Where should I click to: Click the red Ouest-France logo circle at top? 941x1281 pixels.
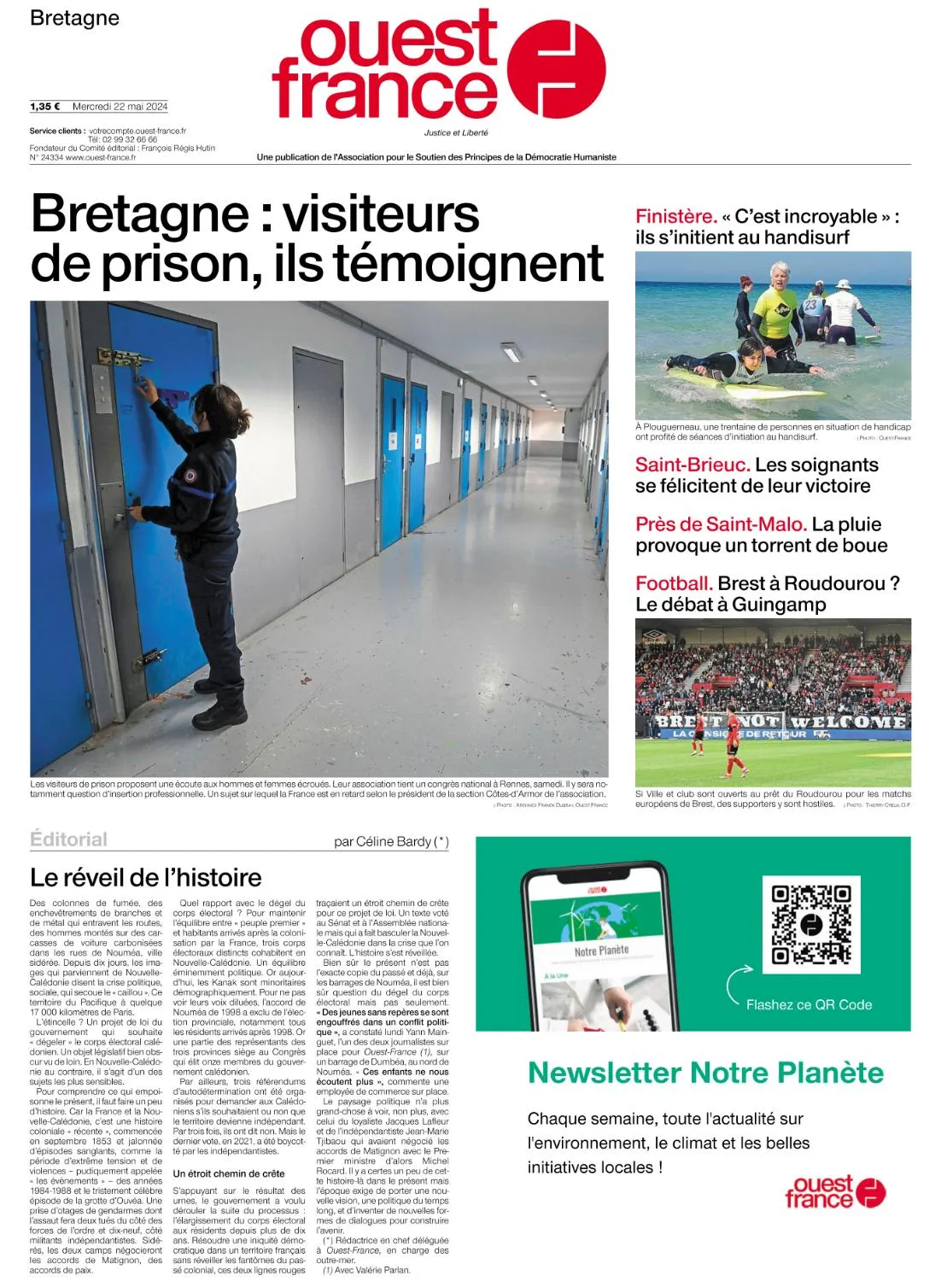pos(556,67)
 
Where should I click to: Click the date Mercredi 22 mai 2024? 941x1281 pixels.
pos(120,107)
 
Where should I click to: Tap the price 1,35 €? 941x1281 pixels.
pos(44,107)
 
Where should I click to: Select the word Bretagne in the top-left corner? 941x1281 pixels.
pos(74,18)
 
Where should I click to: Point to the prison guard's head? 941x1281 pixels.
pos(211,404)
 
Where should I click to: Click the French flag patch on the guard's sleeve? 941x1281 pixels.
pos(191,475)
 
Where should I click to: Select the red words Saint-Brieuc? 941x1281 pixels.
pos(693,465)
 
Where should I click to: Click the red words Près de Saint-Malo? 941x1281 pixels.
pos(721,524)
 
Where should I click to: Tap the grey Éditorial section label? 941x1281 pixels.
pos(68,839)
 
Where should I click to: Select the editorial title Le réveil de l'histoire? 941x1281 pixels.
pos(146,877)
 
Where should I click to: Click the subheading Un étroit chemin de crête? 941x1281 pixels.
pos(229,1173)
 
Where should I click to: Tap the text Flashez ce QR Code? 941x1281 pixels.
pos(809,1004)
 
